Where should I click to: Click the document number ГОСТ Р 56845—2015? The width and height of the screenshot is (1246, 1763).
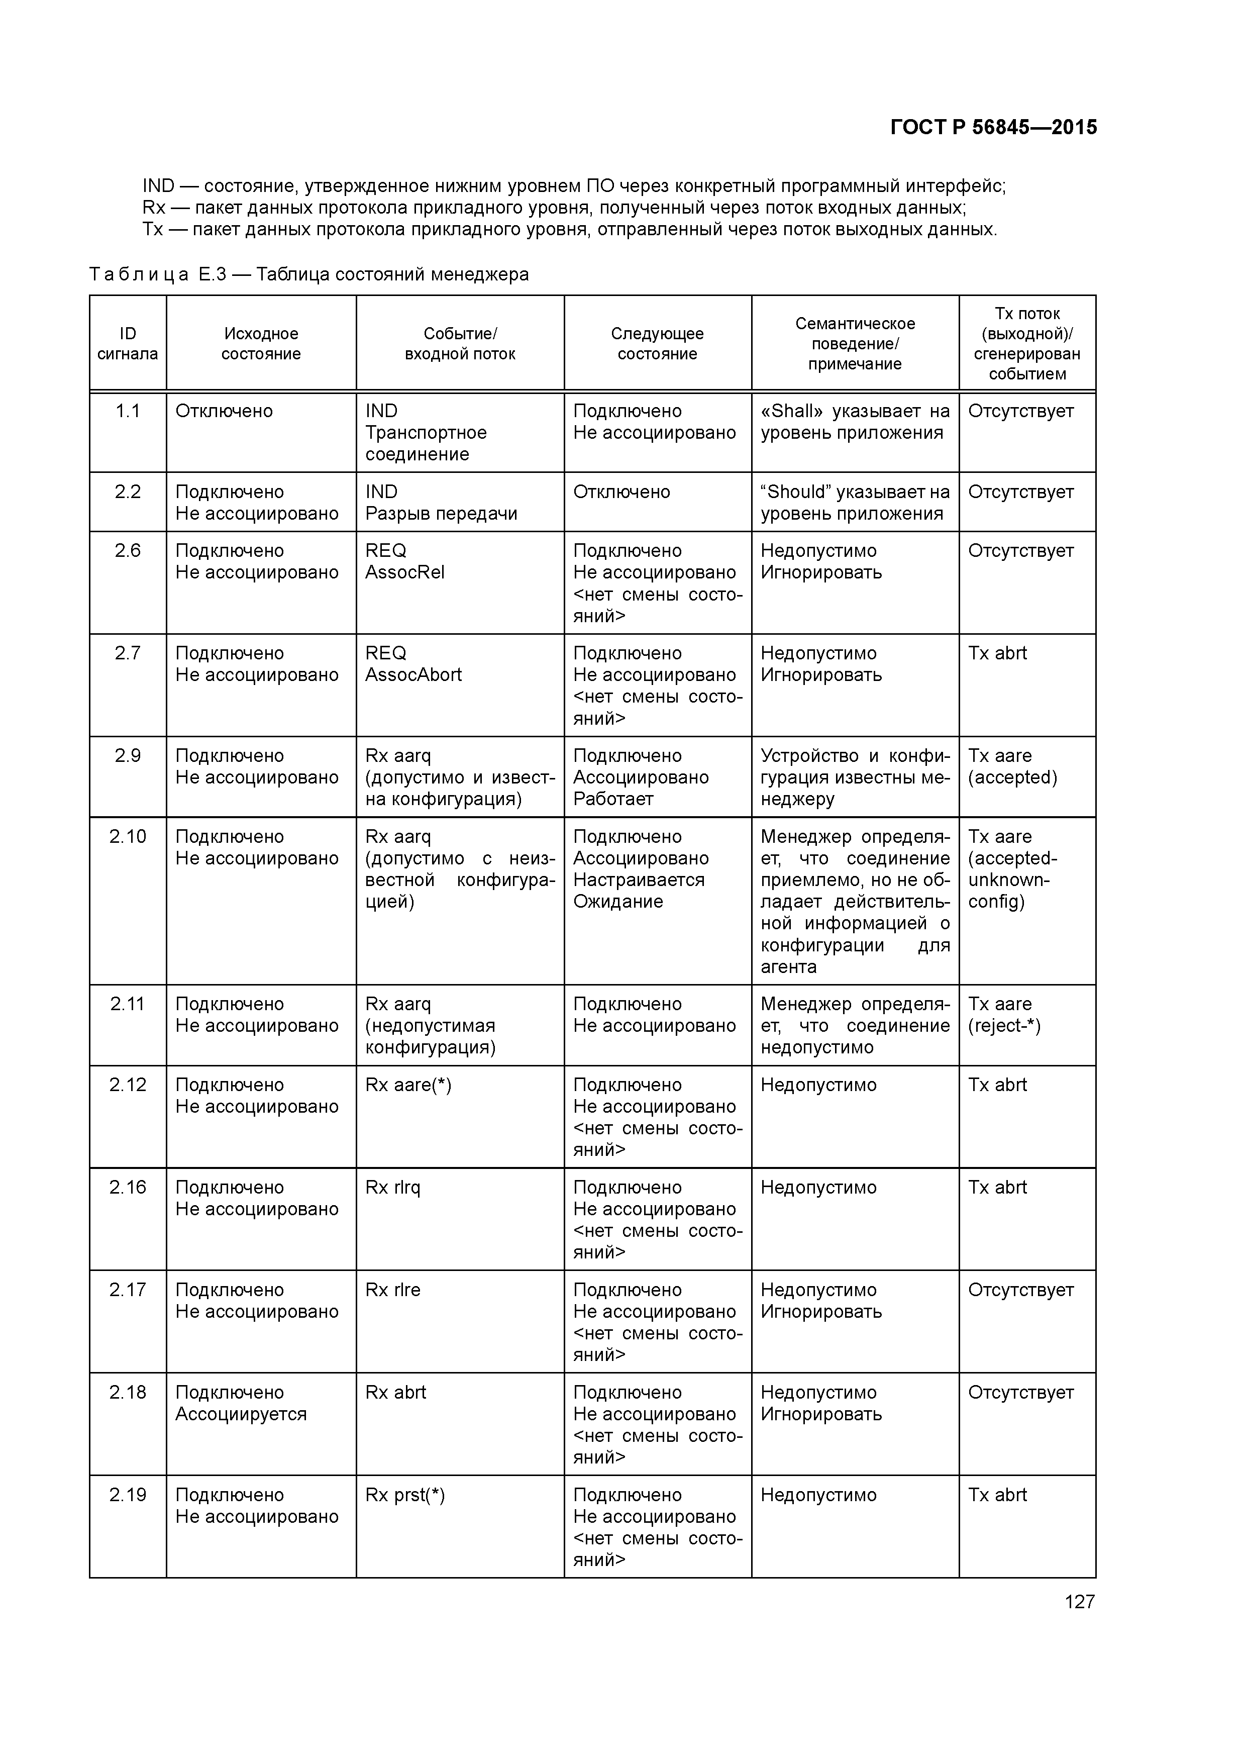click(x=993, y=128)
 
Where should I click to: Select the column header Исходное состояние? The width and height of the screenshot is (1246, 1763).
click(x=261, y=343)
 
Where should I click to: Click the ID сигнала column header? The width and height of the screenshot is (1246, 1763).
click(x=128, y=343)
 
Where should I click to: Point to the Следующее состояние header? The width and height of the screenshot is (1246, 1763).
click(x=657, y=343)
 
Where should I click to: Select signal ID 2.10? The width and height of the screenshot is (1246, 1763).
click(x=128, y=836)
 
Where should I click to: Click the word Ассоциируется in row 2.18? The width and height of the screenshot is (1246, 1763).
click(x=241, y=1414)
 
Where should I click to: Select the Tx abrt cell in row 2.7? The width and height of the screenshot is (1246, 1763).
click(x=997, y=653)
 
